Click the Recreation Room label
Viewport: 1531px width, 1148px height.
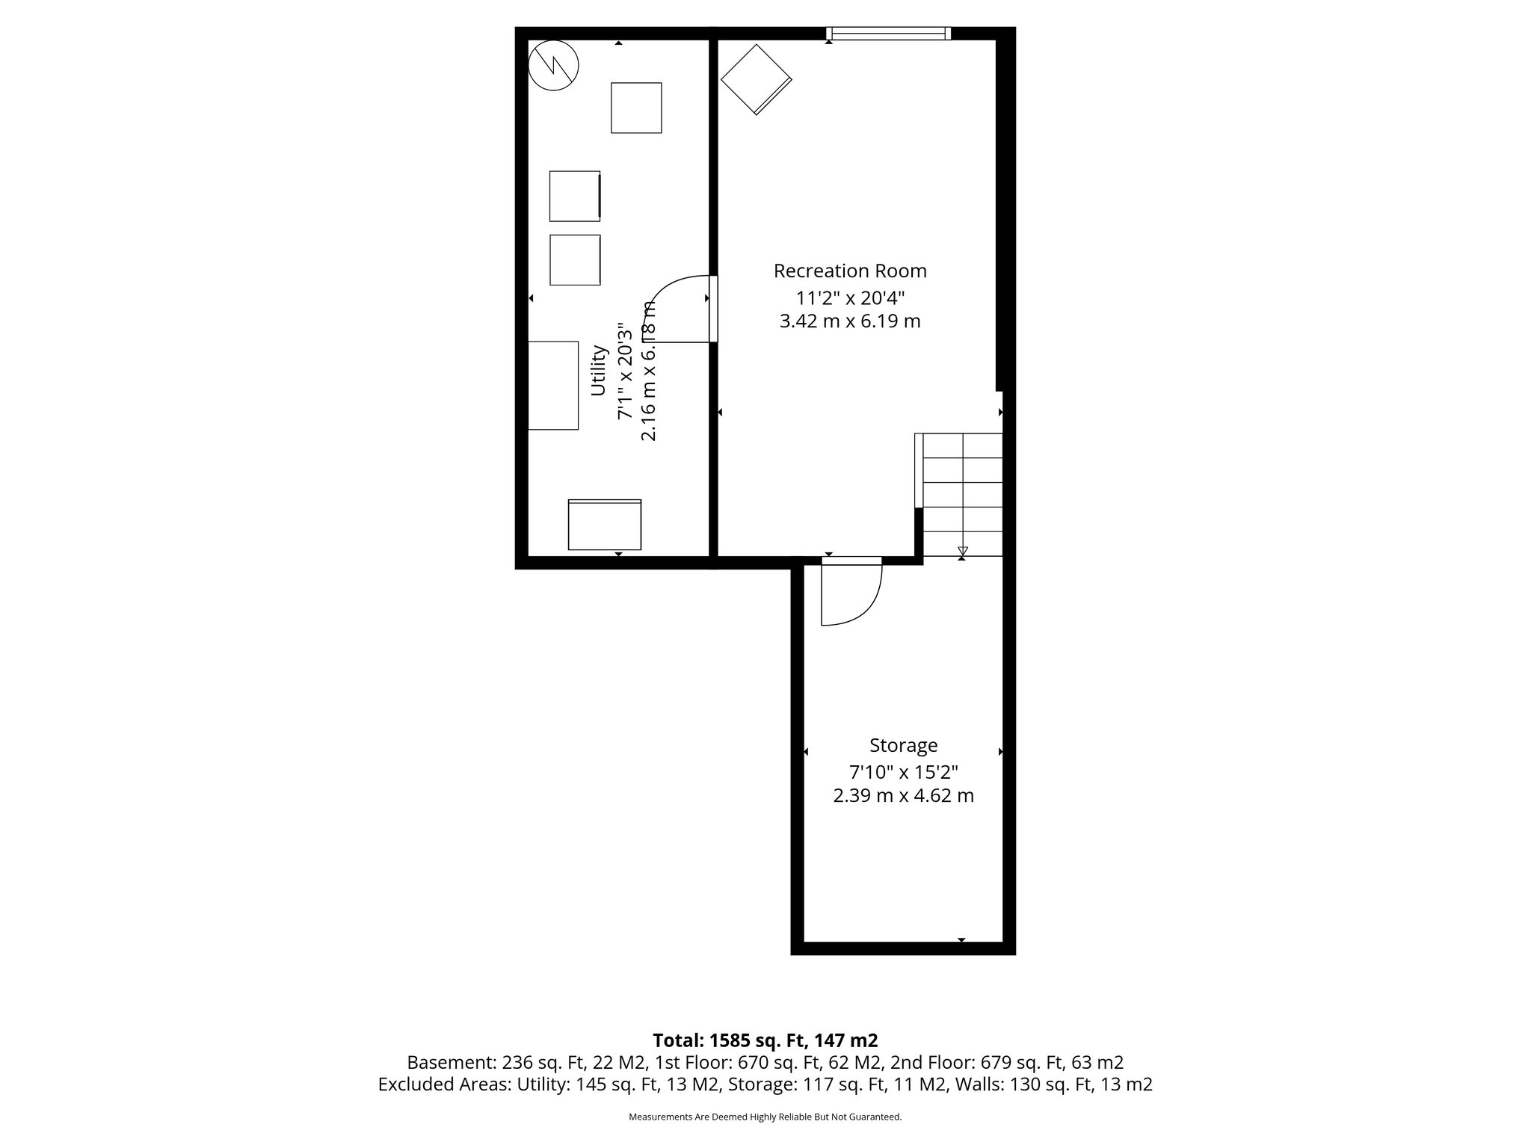pos(850,271)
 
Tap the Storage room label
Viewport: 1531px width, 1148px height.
pos(903,745)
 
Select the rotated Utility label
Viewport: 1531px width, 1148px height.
pos(598,370)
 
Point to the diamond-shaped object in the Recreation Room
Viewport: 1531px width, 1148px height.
pos(756,79)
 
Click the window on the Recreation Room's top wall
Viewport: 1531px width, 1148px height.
pos(888,33)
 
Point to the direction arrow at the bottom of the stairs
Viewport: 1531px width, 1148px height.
pos(962,552)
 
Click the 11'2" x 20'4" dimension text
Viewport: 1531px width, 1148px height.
pos(850,298)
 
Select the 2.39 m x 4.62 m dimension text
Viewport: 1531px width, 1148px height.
pos(903,796)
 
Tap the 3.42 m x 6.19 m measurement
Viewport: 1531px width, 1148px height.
pos(850,321)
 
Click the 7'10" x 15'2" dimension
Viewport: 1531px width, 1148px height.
pos(903,771)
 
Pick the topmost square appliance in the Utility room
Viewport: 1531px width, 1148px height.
pos(636,108)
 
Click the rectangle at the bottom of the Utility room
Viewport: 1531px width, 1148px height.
pos(605,525)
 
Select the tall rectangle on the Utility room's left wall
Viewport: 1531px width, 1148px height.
pos(553,385)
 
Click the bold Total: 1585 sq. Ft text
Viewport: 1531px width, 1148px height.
pos(765,1040)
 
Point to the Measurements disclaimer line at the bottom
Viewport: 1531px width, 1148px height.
pos(765,1117)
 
